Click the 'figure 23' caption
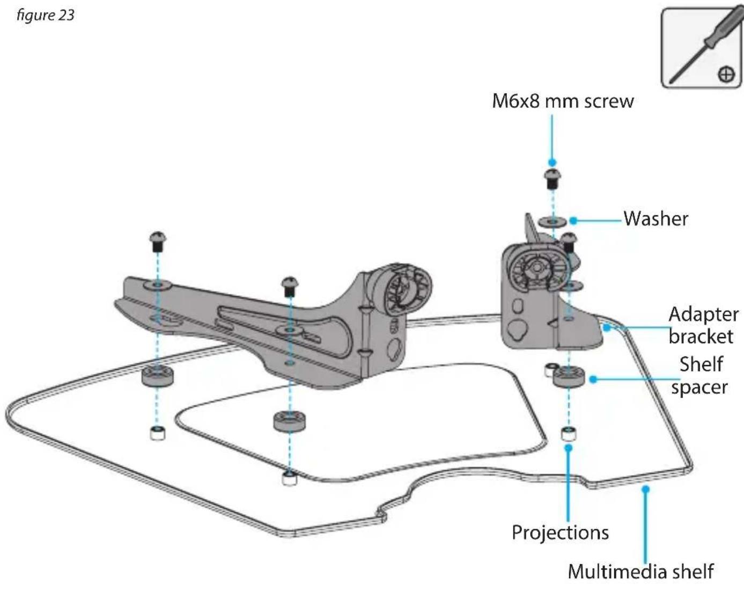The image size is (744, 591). click(45, 16)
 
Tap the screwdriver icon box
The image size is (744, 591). click(702, 48)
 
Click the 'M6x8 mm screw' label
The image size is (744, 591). click(563, 101)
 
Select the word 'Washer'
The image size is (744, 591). click(655, 218)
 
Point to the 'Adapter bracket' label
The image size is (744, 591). click(703, 325)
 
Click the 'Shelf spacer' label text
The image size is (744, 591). click(701, 375)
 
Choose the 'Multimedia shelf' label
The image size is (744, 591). click(640, 571)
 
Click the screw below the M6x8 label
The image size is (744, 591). click(553, 179)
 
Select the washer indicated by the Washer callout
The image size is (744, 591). click(553, 221)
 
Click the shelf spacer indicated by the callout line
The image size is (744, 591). click(569, 377)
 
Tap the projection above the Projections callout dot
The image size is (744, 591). click(568, 434)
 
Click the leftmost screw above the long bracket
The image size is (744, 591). click(158, 241)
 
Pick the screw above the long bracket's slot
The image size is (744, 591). click(290, 287)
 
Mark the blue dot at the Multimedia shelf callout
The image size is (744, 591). click(645, 489)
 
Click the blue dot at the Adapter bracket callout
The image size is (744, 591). click(606, 327)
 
